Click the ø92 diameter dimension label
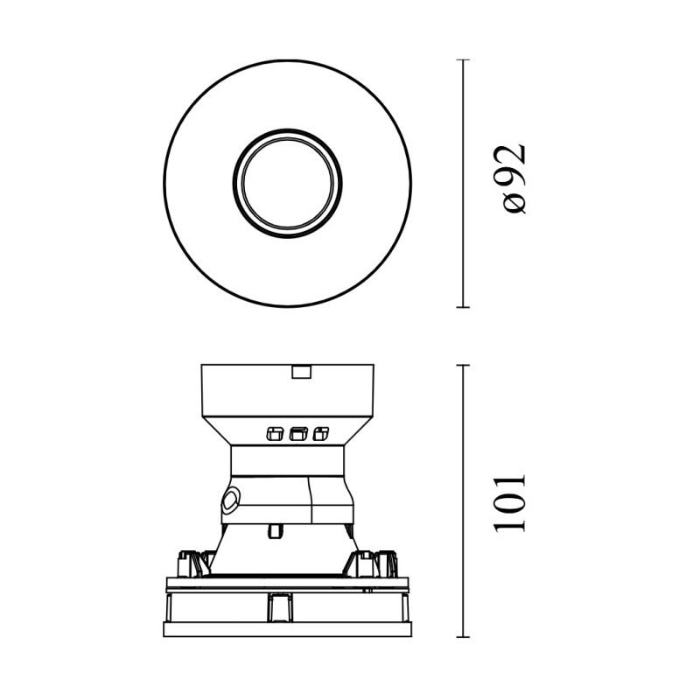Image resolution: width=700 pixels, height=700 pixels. tap(514, 179)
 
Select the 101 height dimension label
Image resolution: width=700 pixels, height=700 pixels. tap(509, 502)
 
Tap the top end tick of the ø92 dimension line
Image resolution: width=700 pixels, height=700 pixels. tap(463, 59)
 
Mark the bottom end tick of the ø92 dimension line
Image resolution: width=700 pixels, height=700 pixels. tap(463, 307)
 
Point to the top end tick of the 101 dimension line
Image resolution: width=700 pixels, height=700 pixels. tap(463, 365)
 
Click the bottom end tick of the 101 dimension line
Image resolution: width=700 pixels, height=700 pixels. tap(463, 637)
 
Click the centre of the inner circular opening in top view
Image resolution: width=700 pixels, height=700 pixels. tap(288, 184)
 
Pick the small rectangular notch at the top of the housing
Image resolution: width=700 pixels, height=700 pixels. tap(301, 372)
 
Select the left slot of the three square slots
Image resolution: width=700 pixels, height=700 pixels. tap(274, 433)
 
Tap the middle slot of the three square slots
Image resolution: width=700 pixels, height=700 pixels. tap(298, 433)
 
